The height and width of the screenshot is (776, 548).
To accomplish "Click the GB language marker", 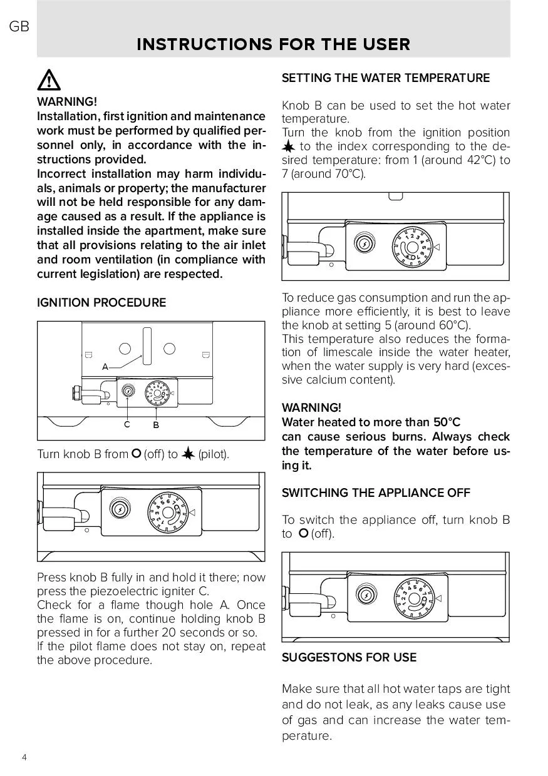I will [19, 27].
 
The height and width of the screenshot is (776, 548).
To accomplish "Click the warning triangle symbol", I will [49, 81].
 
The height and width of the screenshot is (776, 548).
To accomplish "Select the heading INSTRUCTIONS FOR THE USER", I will [273, 44].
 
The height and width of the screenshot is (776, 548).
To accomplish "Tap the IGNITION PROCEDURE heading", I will [101, 303].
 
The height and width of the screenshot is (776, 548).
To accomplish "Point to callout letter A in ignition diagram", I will [105, 367].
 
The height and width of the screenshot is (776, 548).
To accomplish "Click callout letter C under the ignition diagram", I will [127, 425].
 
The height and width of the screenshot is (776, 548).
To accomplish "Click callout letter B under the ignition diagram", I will [156, 426].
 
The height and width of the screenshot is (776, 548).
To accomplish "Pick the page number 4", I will [24, 757].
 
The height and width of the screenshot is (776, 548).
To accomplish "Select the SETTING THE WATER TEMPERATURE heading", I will [385, 78].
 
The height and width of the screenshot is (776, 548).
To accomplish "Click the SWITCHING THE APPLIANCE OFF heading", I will [376, 493].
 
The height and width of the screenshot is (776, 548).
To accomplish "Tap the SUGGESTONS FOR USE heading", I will [349, 658].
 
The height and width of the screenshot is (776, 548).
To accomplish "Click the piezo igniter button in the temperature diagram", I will [364, 243].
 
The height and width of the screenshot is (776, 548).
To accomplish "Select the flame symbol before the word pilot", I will [188, 454].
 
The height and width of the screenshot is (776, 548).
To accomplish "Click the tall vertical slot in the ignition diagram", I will [147, 345].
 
